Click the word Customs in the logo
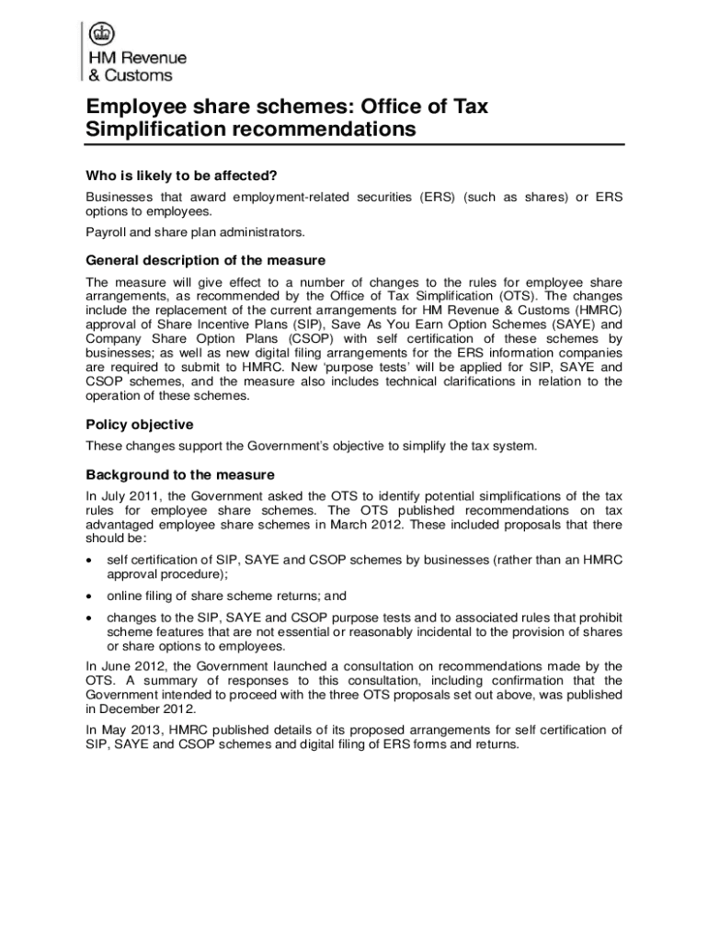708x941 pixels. click(x=137, y=76)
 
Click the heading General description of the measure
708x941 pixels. click(x=205, y=260)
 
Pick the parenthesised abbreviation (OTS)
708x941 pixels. click(x=519, y=297)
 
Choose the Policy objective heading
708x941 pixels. click(x=139, y=425)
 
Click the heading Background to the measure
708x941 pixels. click(x=180, y=475)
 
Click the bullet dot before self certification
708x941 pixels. click(x=88, y=560)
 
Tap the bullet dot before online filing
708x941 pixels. click(x=88, y=595)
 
